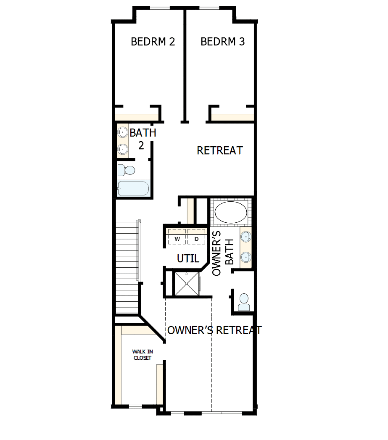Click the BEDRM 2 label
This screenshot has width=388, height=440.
coord(153,42)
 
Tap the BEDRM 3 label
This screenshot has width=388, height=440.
coord(222,42)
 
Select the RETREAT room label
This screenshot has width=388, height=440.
coord(219,150)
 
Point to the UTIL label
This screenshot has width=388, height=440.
coord(188,259)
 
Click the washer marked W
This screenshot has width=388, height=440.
coord(177,238)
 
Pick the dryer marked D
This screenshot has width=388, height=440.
coord(196,238)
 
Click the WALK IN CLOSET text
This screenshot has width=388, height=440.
coord(142,355)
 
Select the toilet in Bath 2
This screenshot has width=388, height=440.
coord(127,170)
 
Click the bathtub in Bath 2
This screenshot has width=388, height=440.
coord(133,189)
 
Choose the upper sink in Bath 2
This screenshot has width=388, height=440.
coord(122,132)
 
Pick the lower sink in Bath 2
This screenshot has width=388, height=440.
coord(122,148)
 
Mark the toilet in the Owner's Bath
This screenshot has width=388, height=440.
coord(243,302)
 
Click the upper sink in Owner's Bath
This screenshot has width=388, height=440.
coord(246,237)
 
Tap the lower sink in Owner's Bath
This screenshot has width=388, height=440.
coord(246,256)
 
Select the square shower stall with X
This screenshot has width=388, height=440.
coord(186,284)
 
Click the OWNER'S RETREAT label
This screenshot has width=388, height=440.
coord(214,330)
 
